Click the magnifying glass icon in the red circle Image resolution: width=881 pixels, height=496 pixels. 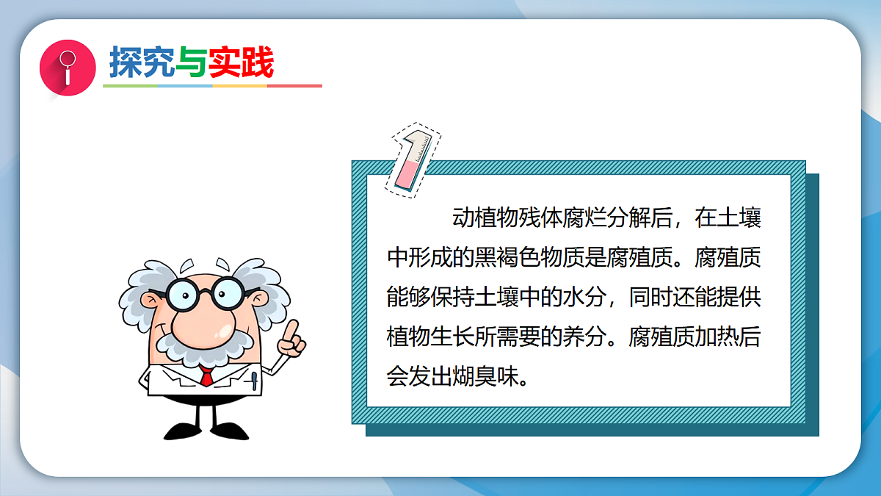click(68, 66)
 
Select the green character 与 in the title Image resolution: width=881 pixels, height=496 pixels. click(191, 62)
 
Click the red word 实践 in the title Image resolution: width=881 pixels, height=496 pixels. click(241, 62)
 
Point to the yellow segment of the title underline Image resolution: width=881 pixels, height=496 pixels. click(239, 86)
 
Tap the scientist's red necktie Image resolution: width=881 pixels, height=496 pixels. click(206, 377)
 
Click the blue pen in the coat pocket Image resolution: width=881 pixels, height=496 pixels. click(254, 381)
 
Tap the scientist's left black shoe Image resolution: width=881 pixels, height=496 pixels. click(182, 430)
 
